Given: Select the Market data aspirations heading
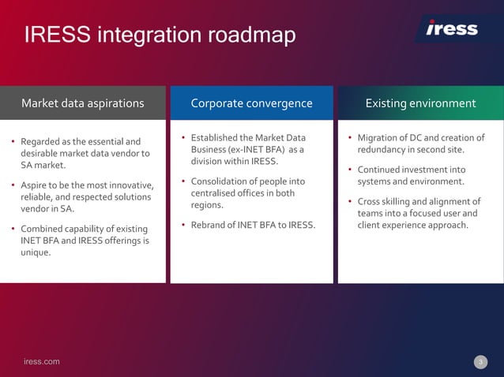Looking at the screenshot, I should (82, 103).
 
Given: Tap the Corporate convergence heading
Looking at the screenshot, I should (251, 103).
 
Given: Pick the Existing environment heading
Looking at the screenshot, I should (420, 103).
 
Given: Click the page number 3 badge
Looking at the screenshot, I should (480, 362).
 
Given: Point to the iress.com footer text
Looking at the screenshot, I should (41, 362).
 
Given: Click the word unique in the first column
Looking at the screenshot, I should (35, 253).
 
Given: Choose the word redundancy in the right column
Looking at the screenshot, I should (384, 150).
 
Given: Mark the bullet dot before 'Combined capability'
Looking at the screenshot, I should (13, 230).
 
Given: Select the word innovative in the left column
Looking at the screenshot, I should (127, 185).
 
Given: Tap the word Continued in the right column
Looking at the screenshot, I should (379, 170).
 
